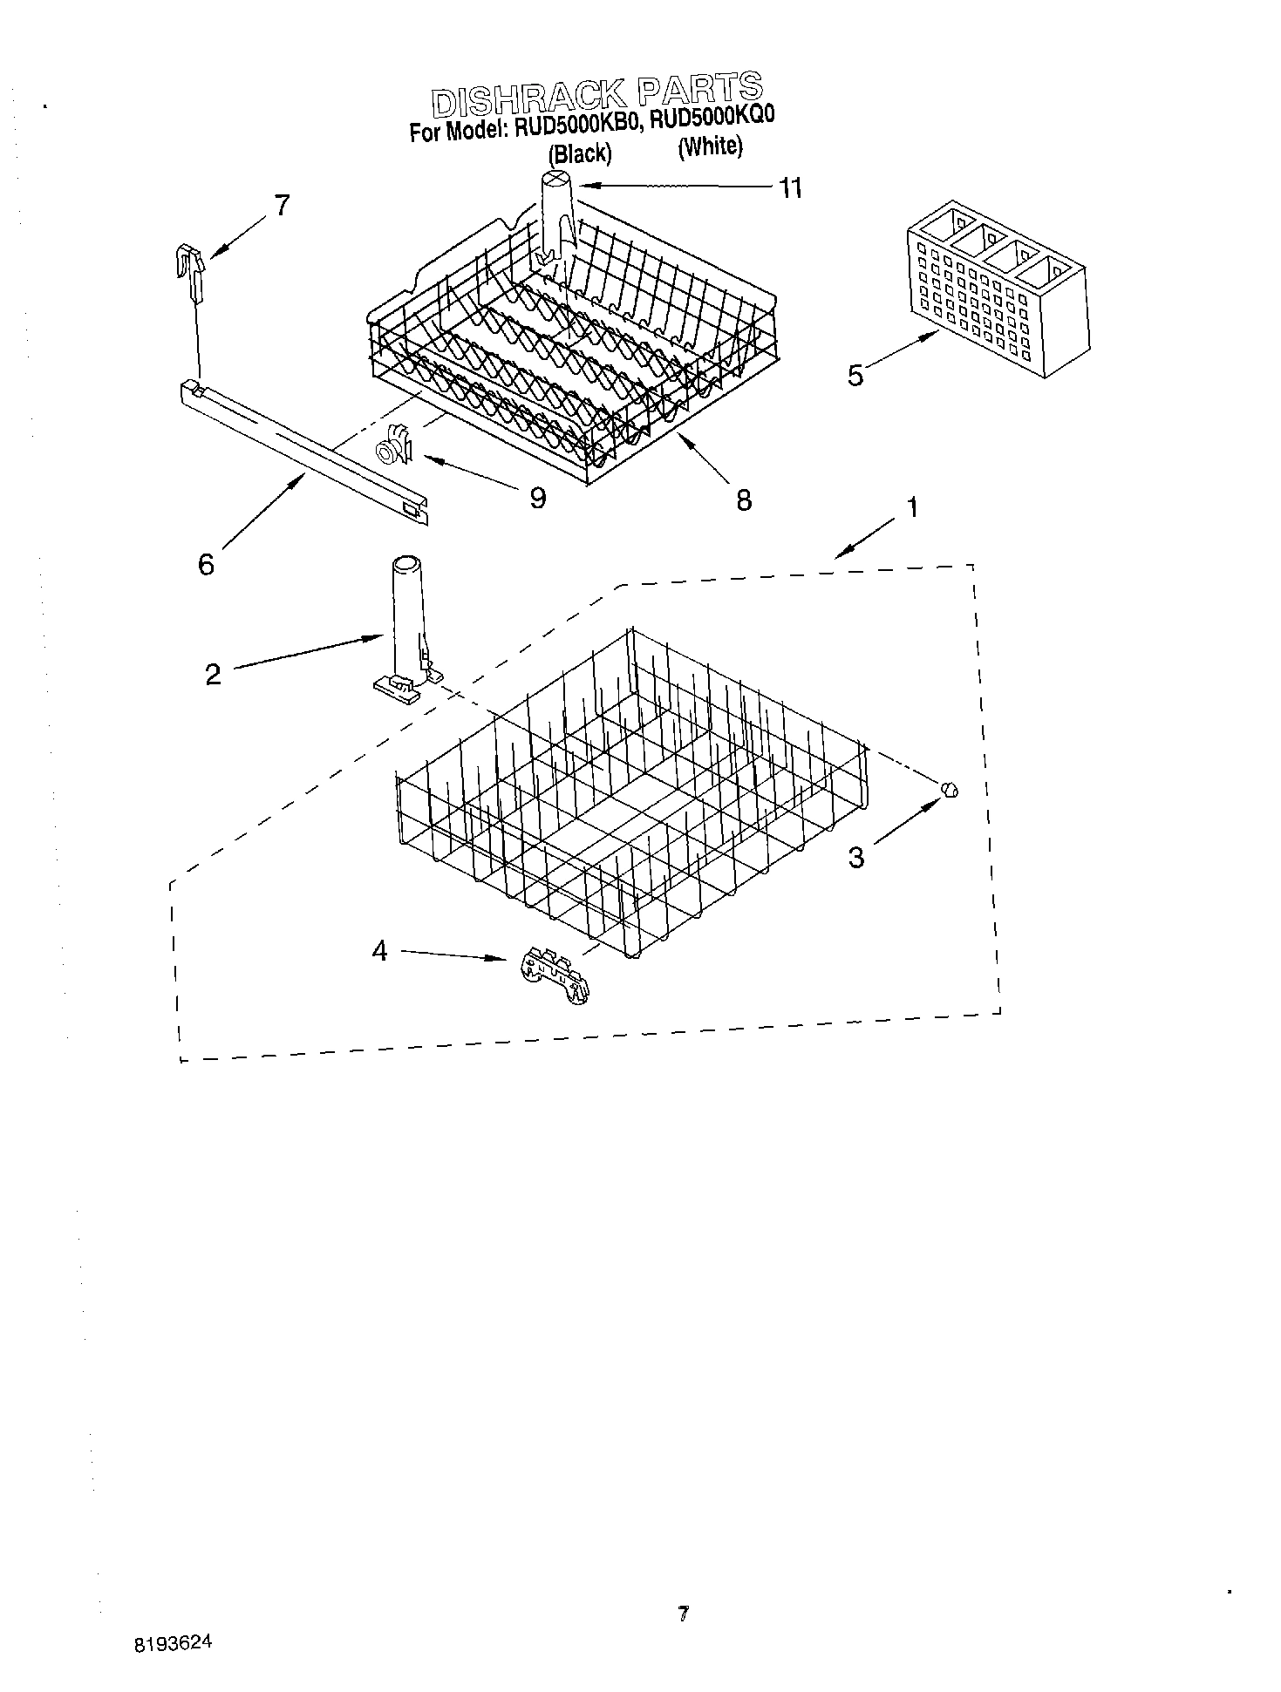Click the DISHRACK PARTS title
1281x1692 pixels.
(597, 93)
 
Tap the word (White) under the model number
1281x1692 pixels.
(711, 146)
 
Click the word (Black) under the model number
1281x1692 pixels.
(580, 154)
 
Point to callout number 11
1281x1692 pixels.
(790, 188)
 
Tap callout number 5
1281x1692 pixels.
(855, 376)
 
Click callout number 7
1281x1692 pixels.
(282, 206)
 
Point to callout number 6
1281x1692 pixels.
(206, 565)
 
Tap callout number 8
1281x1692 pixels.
(743, 500)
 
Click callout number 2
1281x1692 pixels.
(213, 674)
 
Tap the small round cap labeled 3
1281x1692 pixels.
(950, 789)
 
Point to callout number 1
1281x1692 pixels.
(912, 507)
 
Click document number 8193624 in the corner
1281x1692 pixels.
(173, 1644)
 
